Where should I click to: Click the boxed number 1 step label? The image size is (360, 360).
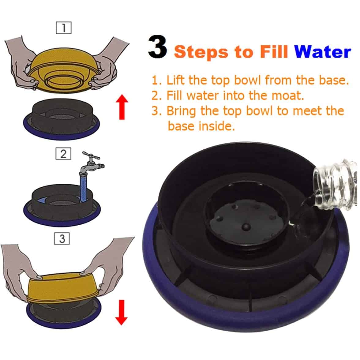tap(64, 28)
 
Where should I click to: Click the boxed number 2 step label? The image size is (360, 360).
tap(63, 154)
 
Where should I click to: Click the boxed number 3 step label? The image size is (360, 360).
tap(62, 238)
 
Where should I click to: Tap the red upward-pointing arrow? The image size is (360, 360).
tap(122, 107)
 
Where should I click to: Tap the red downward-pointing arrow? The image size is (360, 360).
tap(122, 313)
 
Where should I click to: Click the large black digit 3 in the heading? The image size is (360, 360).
tap(157, 47)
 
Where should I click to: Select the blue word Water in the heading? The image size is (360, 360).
tap(323, 52)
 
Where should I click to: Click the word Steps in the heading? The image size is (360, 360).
tap(201, 52)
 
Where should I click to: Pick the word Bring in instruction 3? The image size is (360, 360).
tap(181, 111)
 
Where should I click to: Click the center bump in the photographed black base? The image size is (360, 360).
tap(246, 227)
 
